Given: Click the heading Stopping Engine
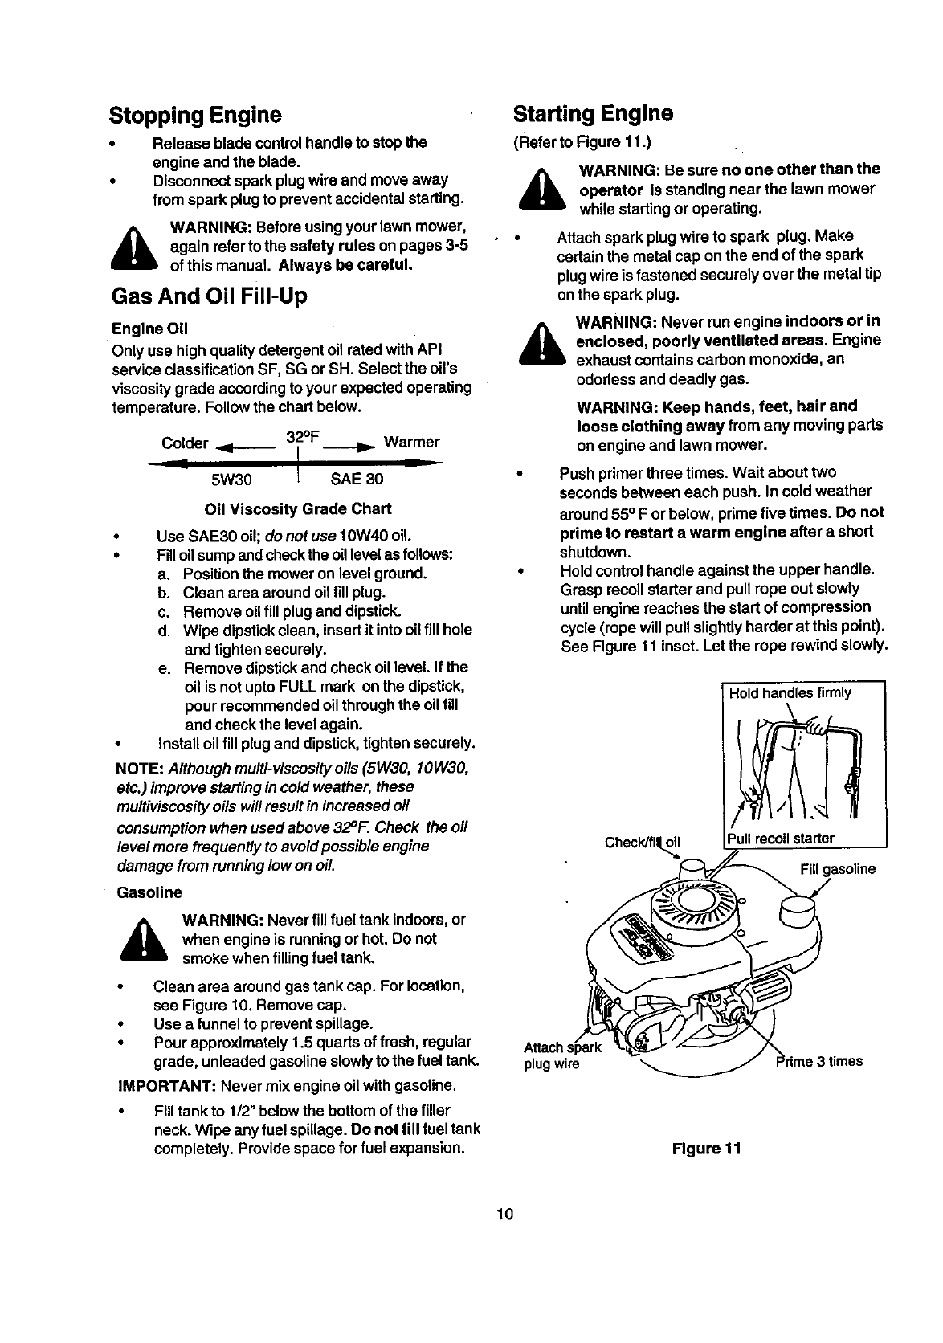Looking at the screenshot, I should point(195,115).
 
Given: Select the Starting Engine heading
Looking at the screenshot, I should point(593,113).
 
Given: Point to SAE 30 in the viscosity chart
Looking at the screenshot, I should point(357,480).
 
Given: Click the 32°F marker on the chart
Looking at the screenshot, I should point(303,438).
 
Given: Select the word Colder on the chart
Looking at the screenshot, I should point(185,443).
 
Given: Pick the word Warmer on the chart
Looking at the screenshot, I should point(411,443).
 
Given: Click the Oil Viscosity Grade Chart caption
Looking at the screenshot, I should point(298,509).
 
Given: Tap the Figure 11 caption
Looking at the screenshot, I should point(705,1148).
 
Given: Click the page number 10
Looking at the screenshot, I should point(504,1213).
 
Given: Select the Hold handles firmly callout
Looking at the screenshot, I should point(790,692).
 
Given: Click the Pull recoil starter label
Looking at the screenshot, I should point(781,839).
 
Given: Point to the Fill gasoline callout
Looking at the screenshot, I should point(838,869).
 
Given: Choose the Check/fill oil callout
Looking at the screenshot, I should point(643,842).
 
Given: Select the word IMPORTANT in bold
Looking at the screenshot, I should point(165,1087).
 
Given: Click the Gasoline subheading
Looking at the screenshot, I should point(149,892).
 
